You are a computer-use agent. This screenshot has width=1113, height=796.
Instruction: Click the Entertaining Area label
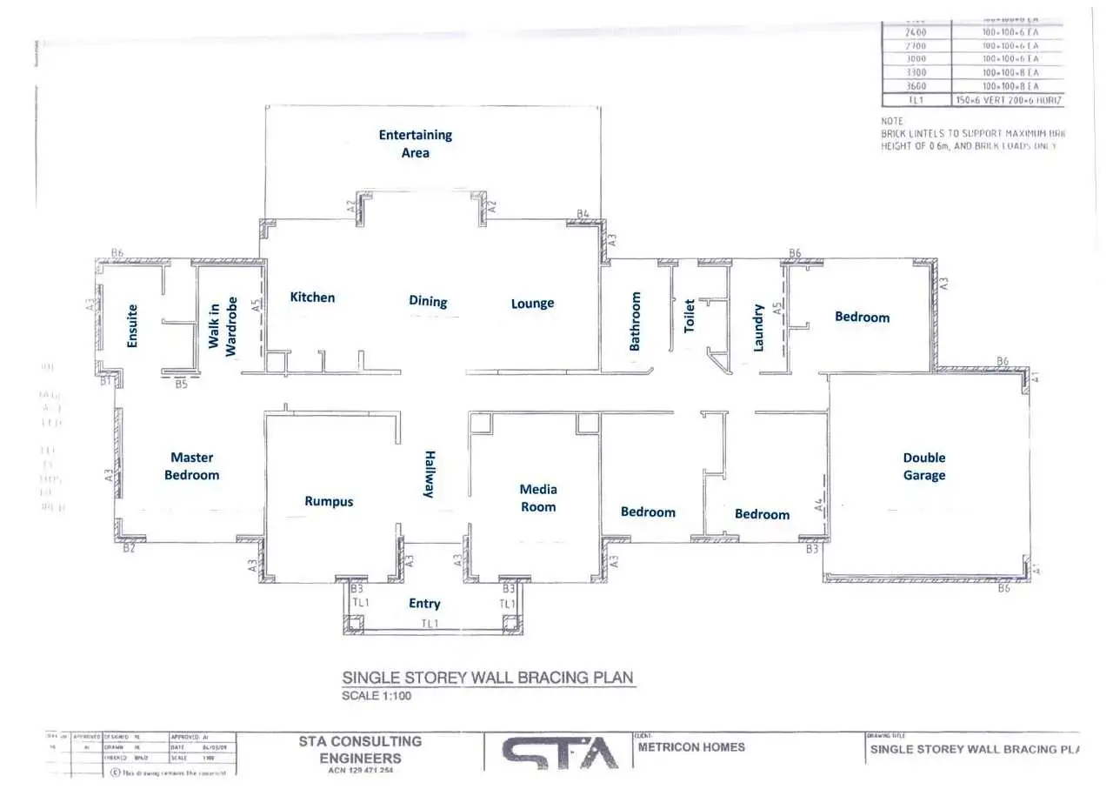tap(415, 144)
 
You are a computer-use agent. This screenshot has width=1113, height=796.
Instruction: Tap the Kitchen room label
tap(312, 298)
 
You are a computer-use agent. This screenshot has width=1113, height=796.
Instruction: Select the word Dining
tap(428, 302)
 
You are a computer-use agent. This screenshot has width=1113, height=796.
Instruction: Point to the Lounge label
tap(532, 304)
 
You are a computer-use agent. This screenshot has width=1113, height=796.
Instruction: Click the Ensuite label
tap(132, 325)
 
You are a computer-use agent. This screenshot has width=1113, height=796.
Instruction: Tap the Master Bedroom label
tap(191, 466)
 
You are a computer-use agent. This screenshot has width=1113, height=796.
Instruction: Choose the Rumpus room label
tap(329, 501)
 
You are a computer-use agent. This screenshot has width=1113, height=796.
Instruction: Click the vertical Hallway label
tap(429, 474)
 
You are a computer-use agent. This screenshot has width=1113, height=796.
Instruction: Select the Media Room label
tap(538, 498)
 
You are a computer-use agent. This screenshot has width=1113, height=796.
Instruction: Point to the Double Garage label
tap(923, 466)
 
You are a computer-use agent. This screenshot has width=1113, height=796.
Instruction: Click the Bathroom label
tap(635, 321)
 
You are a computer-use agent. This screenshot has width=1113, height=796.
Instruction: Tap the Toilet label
tap(690, 316)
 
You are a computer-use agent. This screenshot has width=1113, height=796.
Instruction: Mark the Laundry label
tap(758, 327)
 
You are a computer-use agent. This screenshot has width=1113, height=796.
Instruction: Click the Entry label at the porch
tap(424, 604)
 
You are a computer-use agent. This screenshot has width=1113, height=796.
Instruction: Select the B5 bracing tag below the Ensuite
tap(181, 384)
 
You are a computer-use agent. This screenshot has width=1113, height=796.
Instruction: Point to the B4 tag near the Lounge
tap(583, 214)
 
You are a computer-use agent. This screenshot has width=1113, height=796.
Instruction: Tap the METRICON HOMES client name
tap(691, 746)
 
